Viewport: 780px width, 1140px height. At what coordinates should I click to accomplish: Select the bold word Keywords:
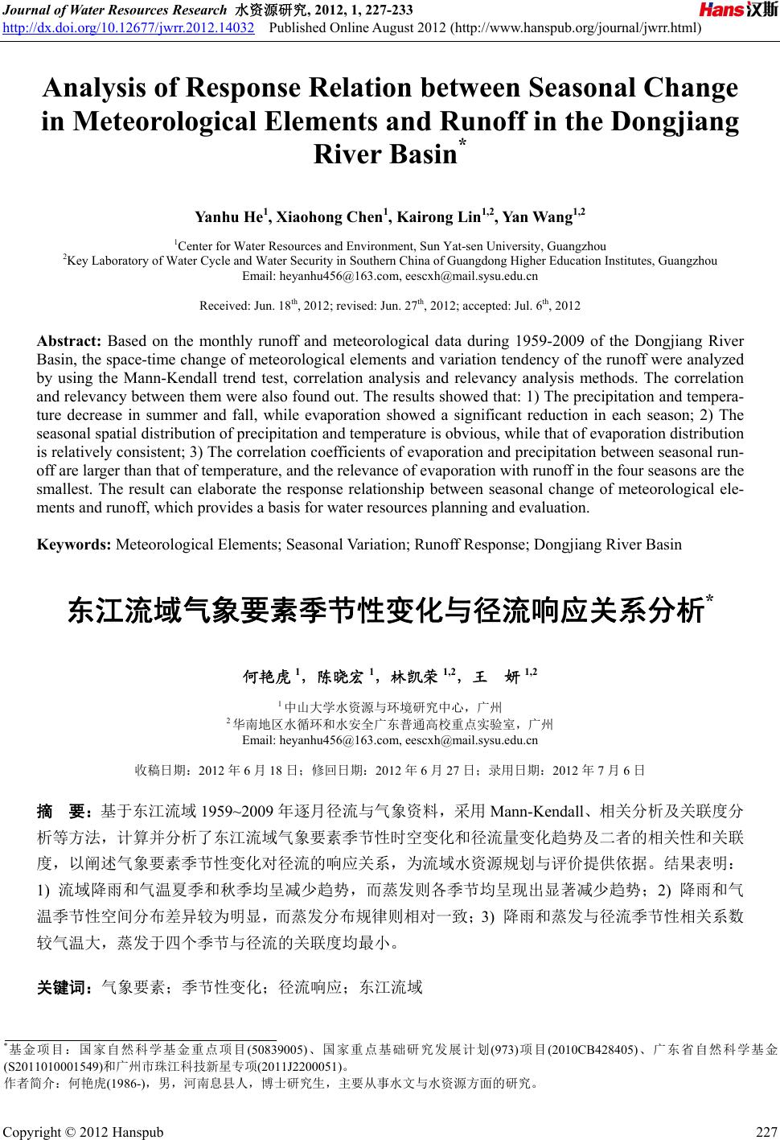coord(75,545)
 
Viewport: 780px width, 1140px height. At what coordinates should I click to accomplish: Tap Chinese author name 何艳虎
coord(268,676)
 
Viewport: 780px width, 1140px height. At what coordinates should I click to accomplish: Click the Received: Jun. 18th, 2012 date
coord(263,306)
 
